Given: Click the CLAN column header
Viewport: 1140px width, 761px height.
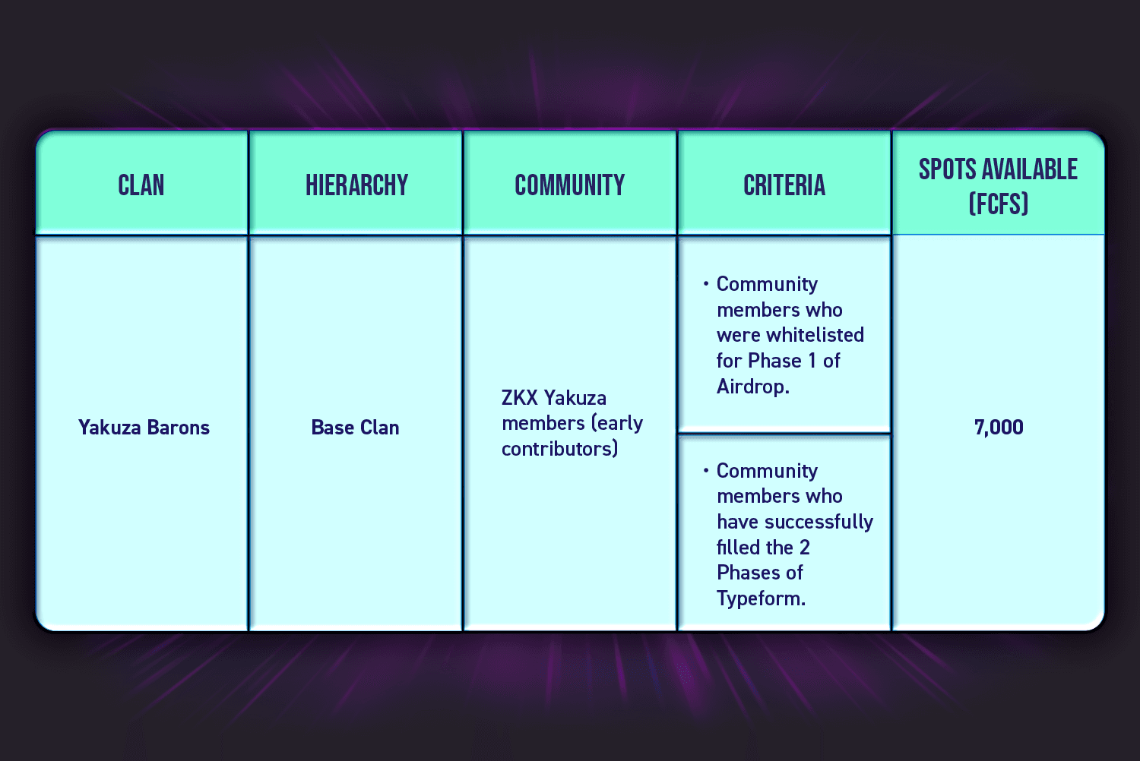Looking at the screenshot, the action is tap(141, 185).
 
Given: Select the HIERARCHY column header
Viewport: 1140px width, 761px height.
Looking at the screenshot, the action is tap(356, 185).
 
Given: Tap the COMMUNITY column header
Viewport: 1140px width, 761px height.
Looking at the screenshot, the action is tap(569, 185).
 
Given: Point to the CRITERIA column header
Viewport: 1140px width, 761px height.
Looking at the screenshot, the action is tap(784, 185).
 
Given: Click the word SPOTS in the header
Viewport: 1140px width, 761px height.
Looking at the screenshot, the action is tap(948, 169).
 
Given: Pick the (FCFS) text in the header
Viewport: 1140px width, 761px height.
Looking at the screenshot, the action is tap(999, 204).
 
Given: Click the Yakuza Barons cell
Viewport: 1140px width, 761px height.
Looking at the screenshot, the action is tap(144, 428).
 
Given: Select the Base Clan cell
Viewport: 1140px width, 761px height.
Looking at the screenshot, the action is tap(355, 428).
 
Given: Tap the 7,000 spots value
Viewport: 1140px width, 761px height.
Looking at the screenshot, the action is tap(999, 428).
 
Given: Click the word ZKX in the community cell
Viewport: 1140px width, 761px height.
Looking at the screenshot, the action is tap(520, 397).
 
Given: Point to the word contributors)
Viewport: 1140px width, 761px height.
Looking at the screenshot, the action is tap(560, 449).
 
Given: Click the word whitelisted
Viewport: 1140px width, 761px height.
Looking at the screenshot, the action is tap(815, 335).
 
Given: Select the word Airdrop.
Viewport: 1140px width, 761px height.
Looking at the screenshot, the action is tap(753, 386).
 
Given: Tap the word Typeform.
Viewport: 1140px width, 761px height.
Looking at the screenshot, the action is tap(762, 598).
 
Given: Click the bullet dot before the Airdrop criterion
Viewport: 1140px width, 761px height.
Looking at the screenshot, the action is tap(706, 283).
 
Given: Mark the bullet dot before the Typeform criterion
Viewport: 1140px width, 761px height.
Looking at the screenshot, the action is tap(706, 471).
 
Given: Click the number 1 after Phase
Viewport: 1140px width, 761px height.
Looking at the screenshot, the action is tap(812, 361).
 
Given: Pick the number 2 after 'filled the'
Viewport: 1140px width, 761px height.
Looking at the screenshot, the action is tap(805, 548).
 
